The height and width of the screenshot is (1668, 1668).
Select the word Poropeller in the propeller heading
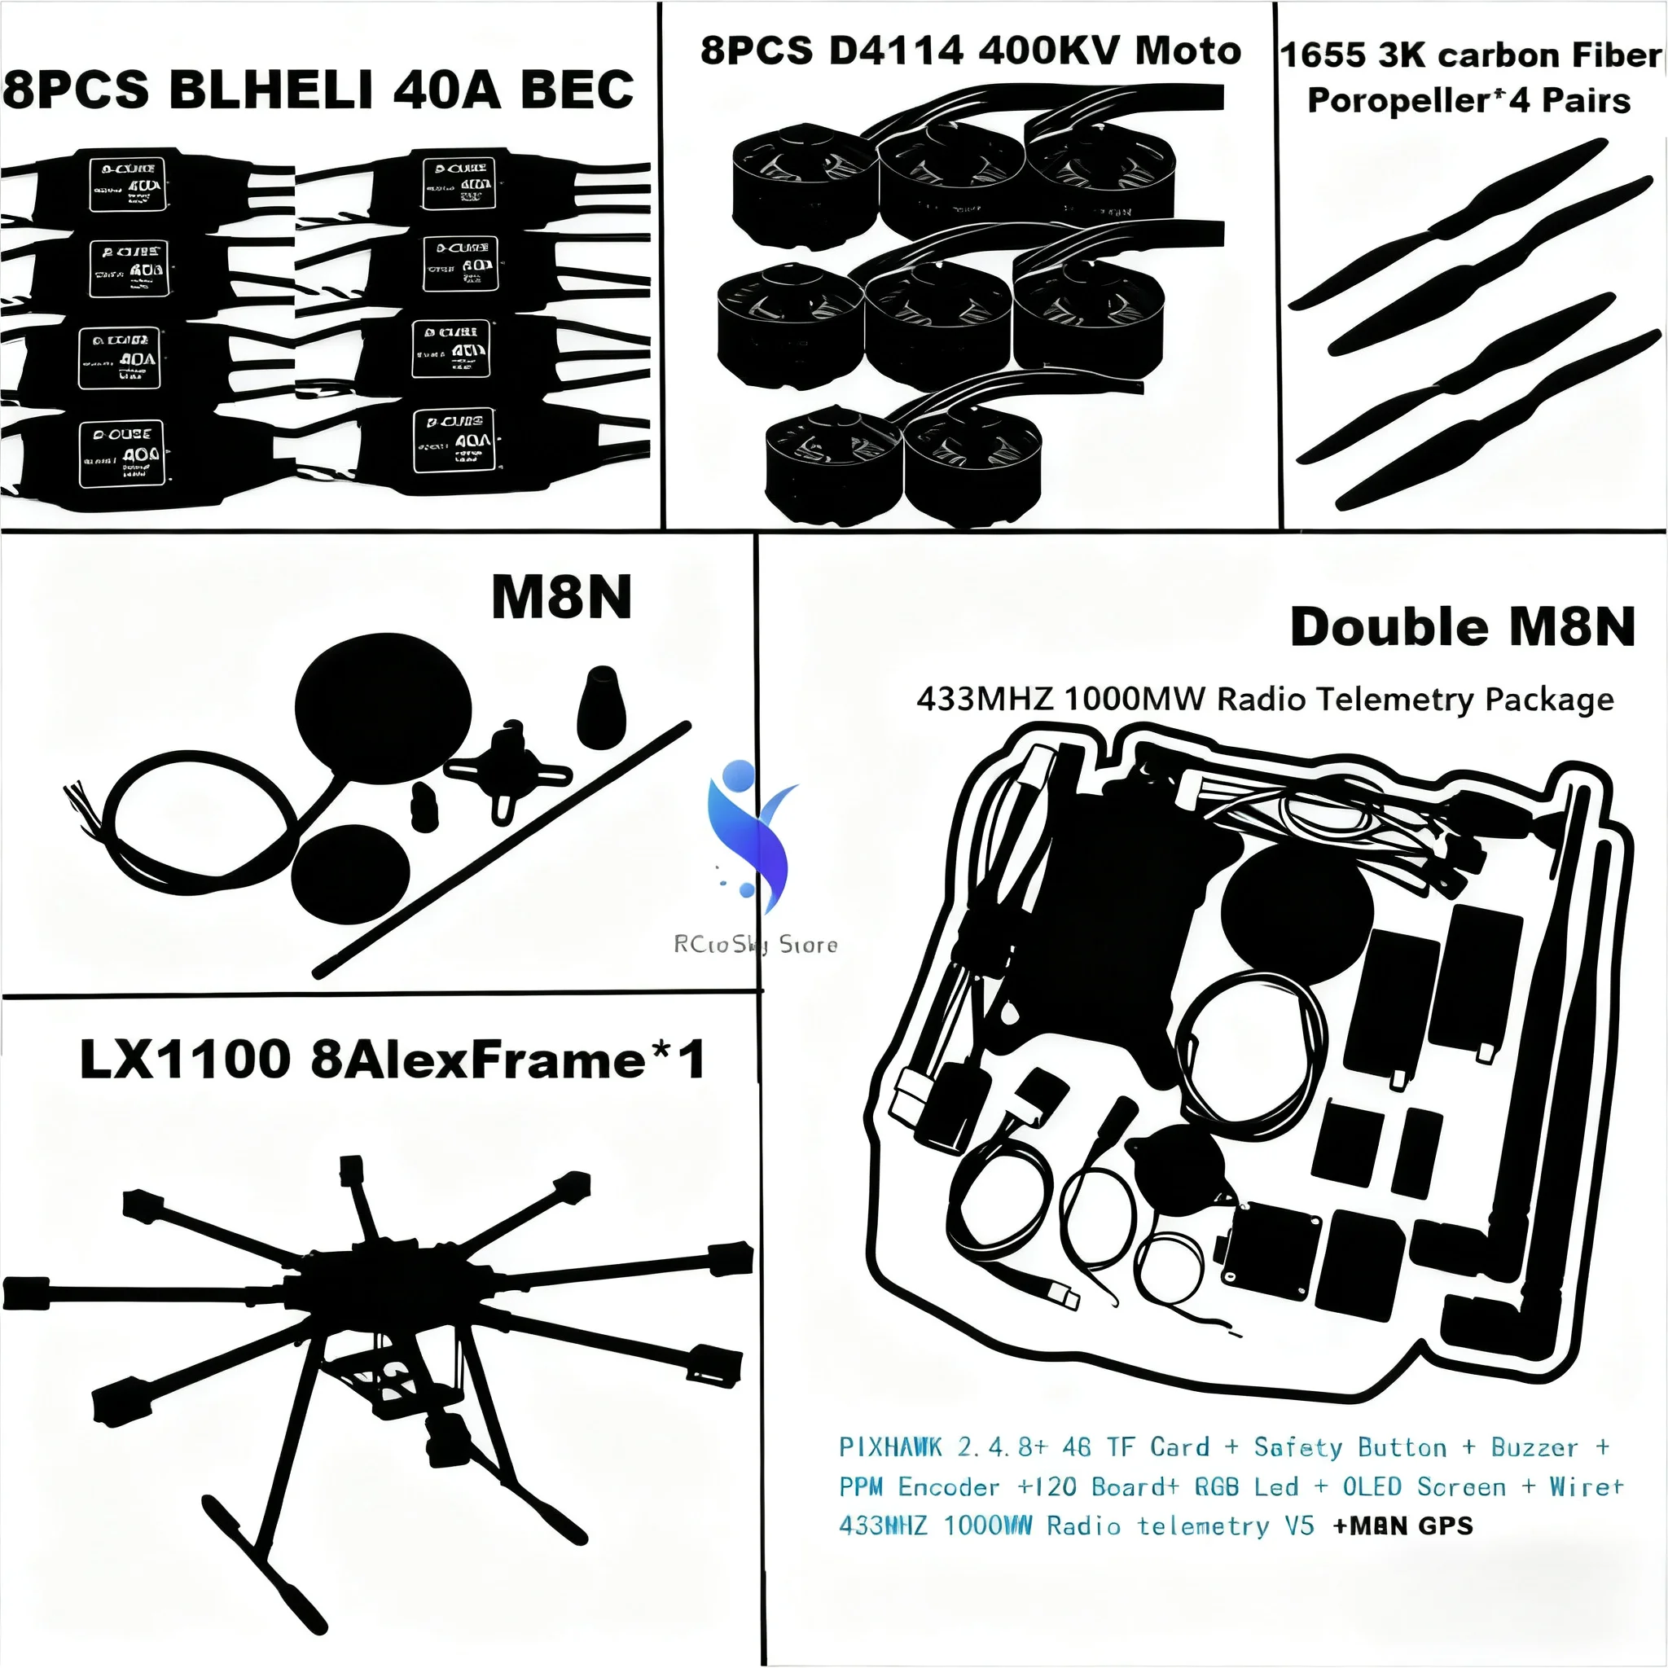(1398, 100)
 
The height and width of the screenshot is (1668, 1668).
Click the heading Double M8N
(1463, 627)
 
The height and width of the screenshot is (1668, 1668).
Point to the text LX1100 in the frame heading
(185, 1060)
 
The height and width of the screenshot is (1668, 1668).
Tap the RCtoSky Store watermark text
(756, 945)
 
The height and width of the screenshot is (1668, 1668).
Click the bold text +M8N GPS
(1403, 1525)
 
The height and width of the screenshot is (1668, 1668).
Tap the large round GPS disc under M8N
(384, 708)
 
